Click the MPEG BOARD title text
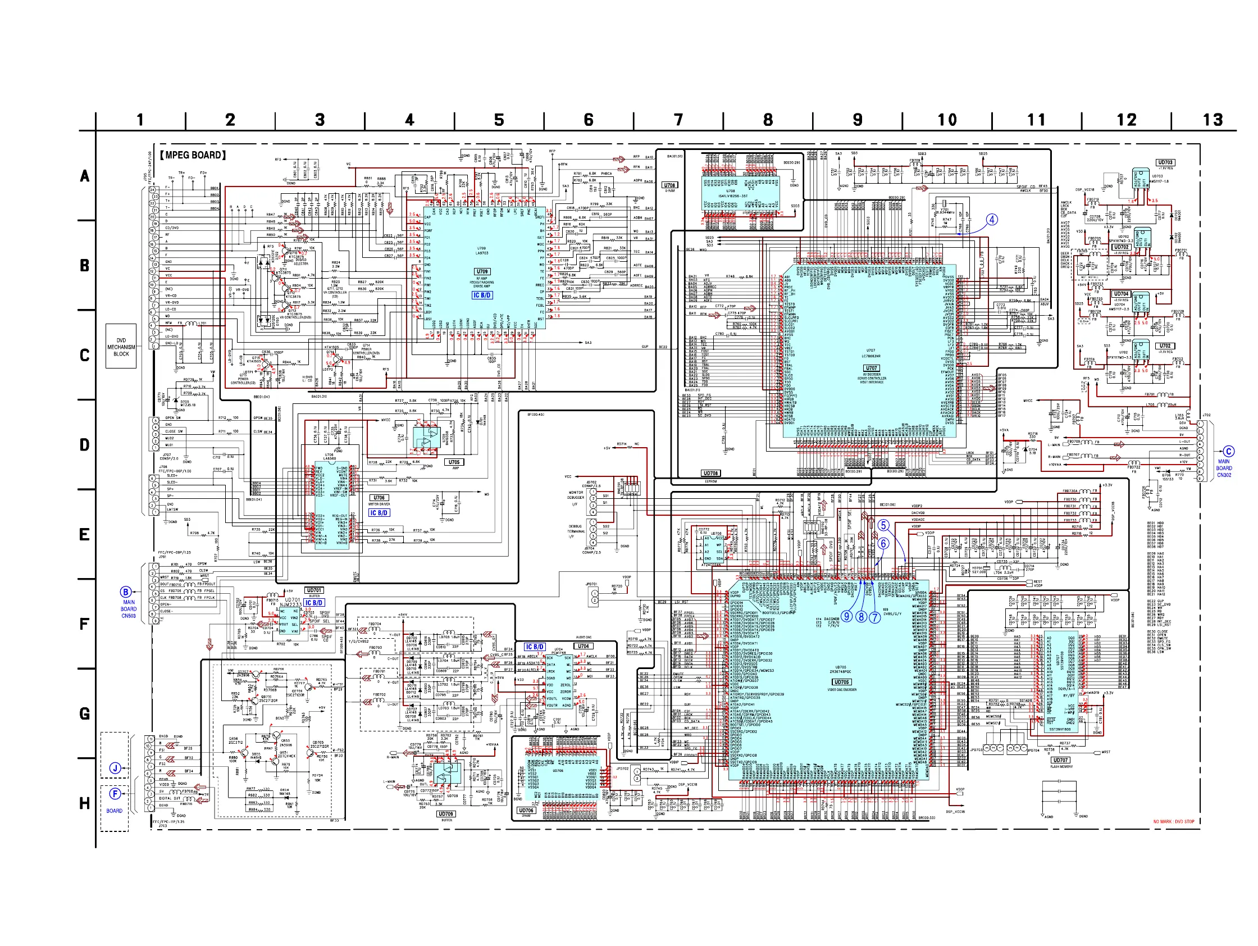(193, 155)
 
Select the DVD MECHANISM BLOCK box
(121, 347)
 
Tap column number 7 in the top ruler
(678, 120)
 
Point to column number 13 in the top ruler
(1213, 120)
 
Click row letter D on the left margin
(85, 445)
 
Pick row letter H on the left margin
(85, 803)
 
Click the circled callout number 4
(992, 220)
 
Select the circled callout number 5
(883, 526)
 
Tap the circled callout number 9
(847, 616)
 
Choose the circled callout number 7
(874, 616)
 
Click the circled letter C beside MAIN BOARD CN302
(1228, 452)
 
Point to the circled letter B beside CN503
(126, 592)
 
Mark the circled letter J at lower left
(115, 768)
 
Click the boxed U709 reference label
(482, 272)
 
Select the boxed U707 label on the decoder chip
(870, 368)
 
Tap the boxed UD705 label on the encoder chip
(841, 682)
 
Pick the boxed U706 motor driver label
(379, 498)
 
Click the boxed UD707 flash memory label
(1060, 760)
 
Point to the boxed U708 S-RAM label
(669, 185)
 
